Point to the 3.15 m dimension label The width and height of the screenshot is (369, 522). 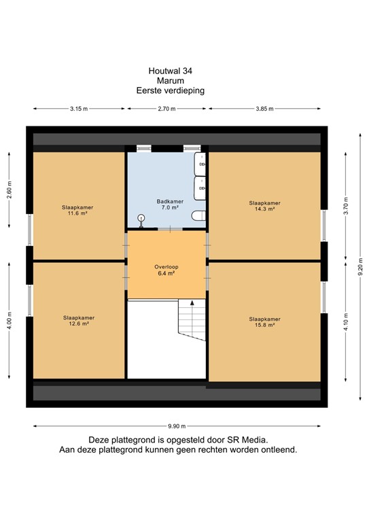78,109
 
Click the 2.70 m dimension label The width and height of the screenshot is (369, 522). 167,109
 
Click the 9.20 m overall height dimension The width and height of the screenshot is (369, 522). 359,266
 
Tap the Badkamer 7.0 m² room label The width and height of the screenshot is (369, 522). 167,204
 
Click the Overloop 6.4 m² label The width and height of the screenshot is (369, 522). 166,271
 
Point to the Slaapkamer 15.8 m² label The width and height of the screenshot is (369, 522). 264,321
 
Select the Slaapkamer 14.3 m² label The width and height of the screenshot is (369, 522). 264,206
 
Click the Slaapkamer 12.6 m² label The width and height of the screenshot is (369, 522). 78,321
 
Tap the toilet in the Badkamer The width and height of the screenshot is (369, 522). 198,217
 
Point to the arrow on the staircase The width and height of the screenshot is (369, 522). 193,303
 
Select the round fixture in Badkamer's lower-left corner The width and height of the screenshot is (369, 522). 141,218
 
